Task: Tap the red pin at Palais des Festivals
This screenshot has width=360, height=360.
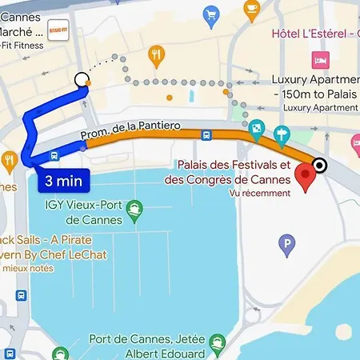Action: point(305,177)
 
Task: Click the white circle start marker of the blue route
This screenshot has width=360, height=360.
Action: point(81,79)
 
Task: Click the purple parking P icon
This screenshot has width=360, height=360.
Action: point(286,243)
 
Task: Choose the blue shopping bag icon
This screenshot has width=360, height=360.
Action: point(211,14)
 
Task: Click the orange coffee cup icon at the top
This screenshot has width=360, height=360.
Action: point(252,10)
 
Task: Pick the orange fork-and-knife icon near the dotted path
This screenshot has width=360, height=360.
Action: point(156,55)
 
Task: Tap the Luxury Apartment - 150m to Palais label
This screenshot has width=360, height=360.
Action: point(314,87)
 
